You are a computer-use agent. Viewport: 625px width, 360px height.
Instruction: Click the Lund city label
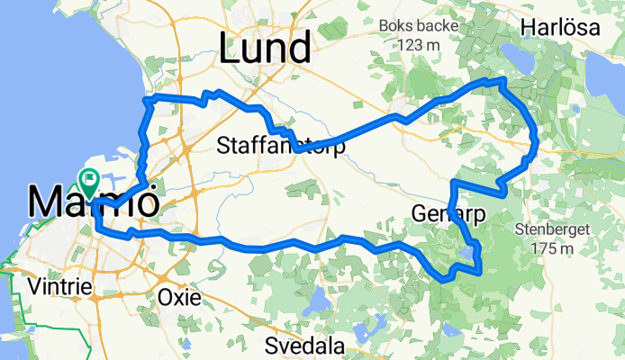[x=266, y=47]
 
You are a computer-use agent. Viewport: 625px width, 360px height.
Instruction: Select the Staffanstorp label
[x=282, y=147]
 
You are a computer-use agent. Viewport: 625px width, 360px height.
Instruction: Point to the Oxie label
[x=177, y=296]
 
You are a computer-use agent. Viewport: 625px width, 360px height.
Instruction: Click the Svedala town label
[x=305, y=346]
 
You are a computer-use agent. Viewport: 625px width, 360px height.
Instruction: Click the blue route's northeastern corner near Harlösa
[x=503, y=82]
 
